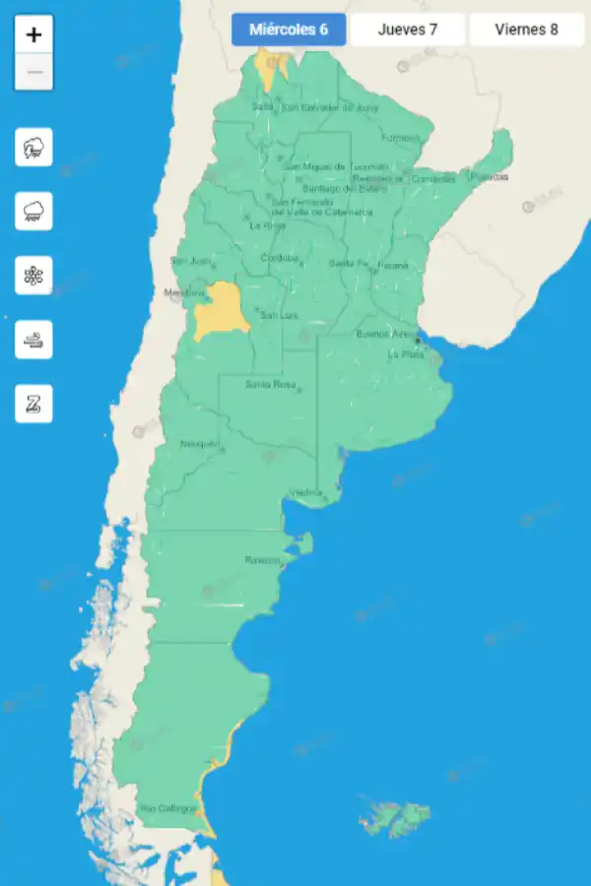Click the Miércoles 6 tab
pyautogui.click(x=289, y=30)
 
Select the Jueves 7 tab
pyautogui.click(x=408, y=30)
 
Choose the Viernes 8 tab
pyautogui.click(x=526, y=30)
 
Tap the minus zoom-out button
pyautogui.click(x=33, y=72)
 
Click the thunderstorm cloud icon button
pyautogui.click(x=33, y=148)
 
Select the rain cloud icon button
pyautogui.click(x=33, y=212)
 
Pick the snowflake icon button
pyautogui.click(x=33, y=276)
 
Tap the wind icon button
pyautogui.click(x=33, y=340)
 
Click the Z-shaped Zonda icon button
pyautogui.click(x=33, y=404)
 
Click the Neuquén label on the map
pyautogui.click(x=199, y=444)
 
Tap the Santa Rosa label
pyautogui.click(x=270, y=384)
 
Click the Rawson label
pyautogui.click(x=262, y=560)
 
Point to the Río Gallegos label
pyautogui.click(x=167, y=808)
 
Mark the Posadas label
pyautogui.click(x=490, y=177)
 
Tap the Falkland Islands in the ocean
pyautogui.click(x=396, y=818)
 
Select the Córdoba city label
pyautogui.click(x=278, y=258)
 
